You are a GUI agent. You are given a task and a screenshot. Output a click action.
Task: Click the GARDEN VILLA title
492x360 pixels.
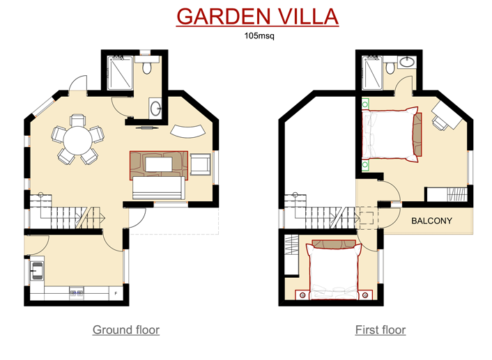click(257, 17)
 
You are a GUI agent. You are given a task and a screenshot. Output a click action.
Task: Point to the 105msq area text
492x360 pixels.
click(259, 36)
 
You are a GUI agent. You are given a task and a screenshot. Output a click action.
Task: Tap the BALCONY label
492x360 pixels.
click(431, 221)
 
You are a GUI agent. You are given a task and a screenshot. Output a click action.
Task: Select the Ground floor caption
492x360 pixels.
click(126, 329)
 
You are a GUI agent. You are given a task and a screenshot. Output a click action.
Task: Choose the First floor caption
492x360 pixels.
click(380, 329)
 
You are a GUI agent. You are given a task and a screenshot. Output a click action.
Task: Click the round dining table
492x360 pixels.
click(77, 140)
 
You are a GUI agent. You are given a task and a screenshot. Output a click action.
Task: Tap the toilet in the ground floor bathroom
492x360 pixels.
click(146, 66)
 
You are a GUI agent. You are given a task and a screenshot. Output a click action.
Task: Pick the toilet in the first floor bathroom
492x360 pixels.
click(390, 66)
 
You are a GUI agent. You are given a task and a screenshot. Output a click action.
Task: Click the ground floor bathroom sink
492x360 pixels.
click(155, 108)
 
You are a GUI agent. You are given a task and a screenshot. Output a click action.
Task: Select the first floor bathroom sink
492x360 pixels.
click(407, 62)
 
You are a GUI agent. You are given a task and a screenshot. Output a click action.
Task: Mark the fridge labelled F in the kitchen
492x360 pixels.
click(116, 293)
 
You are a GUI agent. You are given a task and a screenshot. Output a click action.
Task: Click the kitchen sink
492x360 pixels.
click(37, 269)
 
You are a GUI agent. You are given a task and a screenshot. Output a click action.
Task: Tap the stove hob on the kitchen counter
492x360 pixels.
click(77, 293)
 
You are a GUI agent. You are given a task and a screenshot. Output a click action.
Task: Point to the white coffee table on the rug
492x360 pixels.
click(159, 164)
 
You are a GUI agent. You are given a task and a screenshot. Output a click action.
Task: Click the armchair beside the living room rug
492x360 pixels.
click(201, 164)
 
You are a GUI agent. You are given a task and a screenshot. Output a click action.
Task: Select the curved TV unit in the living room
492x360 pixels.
click(188, 132)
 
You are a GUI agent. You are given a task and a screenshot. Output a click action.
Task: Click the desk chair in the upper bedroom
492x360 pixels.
click(440, 123)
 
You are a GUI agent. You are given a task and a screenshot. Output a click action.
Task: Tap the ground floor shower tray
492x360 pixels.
click(120, 72)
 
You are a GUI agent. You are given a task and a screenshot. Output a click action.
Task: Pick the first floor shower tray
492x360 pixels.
click(372, 72)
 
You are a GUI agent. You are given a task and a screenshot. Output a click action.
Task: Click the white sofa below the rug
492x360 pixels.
click(158, 187)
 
